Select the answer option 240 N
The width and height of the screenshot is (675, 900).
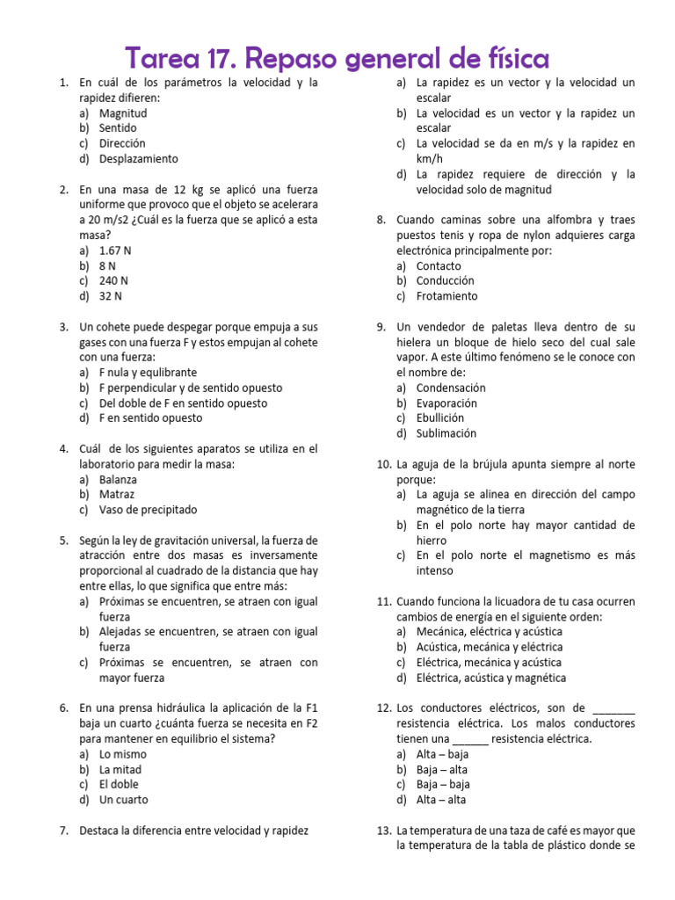click(114, 281)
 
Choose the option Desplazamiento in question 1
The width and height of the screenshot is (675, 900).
click(138, 159)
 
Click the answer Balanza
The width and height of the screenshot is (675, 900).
click(118, 480)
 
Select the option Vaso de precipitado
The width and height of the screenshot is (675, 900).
click(148, 510)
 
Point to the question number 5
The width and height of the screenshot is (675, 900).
click(64, 541)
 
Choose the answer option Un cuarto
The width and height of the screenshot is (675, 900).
click(123, 800)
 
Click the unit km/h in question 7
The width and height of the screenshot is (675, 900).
click(431, 159)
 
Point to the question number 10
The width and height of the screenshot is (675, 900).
click(383, 464)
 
